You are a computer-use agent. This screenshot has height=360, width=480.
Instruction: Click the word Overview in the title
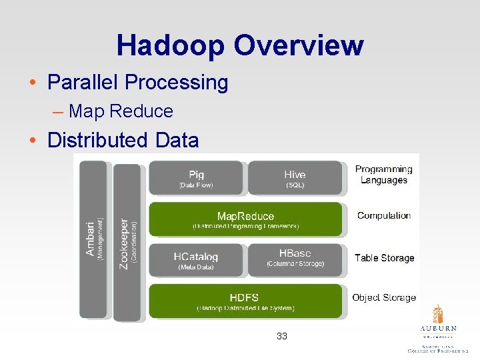[298, 45]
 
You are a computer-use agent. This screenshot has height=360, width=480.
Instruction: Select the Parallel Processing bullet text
[137, 83]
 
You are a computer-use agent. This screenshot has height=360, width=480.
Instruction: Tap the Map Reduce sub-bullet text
[121, 111]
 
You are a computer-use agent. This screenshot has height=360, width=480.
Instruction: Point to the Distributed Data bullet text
[123, 141]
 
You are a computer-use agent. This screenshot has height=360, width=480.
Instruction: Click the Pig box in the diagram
[197, 179]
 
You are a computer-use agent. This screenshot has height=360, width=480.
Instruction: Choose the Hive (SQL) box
[295, 179]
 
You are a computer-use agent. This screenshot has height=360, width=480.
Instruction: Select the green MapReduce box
[246, 219]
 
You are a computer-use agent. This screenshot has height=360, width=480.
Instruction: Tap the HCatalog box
[197, 260]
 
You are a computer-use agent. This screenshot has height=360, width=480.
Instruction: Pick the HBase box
[295, 260]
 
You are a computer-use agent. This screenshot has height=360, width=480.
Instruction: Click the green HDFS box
[246, 301]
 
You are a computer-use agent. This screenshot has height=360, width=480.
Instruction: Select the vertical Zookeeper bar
[127, 243]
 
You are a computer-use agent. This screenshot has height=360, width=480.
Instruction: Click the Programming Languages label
[383, 175]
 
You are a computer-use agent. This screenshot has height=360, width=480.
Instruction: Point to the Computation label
[384, 215]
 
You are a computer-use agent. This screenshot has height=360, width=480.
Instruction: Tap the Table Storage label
[384, 258]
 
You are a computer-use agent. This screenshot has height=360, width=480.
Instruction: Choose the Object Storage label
[384, 297]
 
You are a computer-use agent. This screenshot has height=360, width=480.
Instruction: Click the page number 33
[282, 337]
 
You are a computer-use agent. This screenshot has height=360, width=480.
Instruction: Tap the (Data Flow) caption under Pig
[197, 185]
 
